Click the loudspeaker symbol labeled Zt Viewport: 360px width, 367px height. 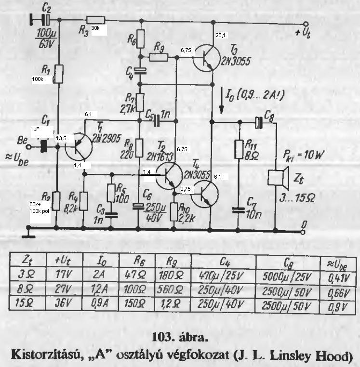coord(275,179)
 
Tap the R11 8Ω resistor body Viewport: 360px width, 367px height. coord(238,150)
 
